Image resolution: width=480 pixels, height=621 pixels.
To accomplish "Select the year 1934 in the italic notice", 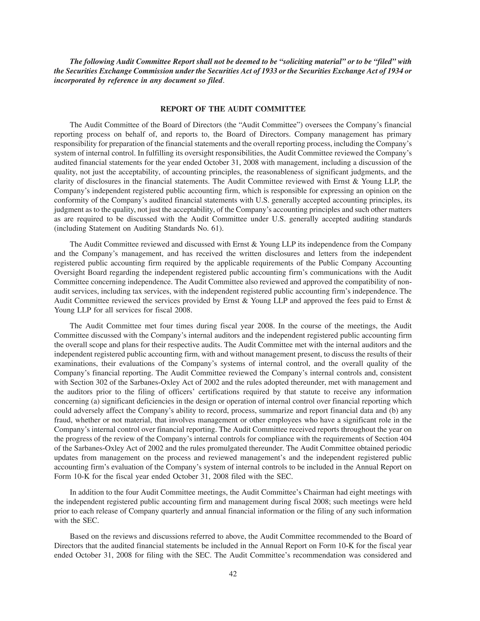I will (394, 71).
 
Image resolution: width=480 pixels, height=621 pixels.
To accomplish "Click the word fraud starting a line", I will (62, 420).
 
